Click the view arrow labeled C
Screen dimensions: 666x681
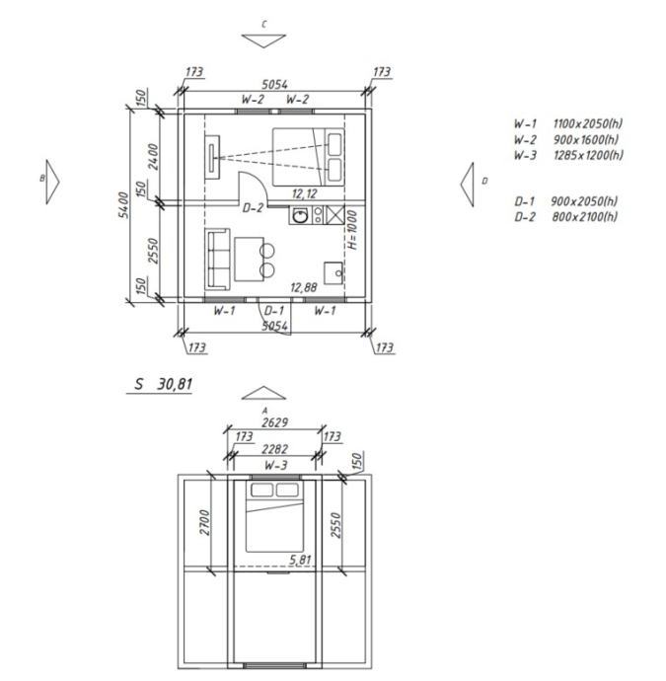263,40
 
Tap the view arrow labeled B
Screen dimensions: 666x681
52,182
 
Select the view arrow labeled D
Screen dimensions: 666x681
468,185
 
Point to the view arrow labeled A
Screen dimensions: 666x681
263,393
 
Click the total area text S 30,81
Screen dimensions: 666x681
163,384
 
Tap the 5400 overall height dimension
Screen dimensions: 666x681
123,205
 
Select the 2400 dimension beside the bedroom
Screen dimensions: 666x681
153,156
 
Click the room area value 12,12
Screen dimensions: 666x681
304,193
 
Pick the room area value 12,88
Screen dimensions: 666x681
304,287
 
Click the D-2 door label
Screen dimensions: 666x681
253,208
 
